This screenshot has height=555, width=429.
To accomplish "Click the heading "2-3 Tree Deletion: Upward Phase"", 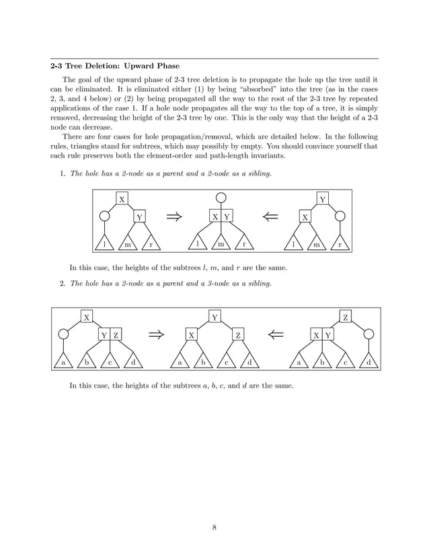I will [116, 66].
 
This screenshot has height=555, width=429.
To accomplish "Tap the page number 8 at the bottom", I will [214, 526].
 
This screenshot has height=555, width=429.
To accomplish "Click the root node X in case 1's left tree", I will [122, 199].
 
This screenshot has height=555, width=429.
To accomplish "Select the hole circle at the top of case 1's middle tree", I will [221, 199].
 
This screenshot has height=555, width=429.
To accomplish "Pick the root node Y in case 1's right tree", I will [323, 199].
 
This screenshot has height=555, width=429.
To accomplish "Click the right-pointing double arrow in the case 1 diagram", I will [174, 216].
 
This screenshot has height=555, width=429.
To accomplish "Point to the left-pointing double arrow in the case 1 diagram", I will [270, 216].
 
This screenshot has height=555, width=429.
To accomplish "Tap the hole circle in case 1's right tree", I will [340, 216].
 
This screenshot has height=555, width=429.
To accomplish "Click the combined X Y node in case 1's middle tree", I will [221, 216].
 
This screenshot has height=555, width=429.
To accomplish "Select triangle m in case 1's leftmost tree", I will [127, 244].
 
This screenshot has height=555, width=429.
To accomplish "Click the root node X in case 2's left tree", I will [87, 316].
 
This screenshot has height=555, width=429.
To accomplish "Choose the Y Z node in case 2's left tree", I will [110, 335].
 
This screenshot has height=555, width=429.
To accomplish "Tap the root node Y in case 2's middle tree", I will [214, 316].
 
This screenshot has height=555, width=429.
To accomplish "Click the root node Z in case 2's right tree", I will [346, 316].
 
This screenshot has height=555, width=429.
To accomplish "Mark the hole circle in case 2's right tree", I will [368, 335].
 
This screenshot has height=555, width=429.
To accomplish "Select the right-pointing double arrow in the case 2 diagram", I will [156, 335].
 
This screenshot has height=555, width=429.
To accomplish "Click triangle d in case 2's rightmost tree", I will [368, 362].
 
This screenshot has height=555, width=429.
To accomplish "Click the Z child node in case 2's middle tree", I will [238, 335].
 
